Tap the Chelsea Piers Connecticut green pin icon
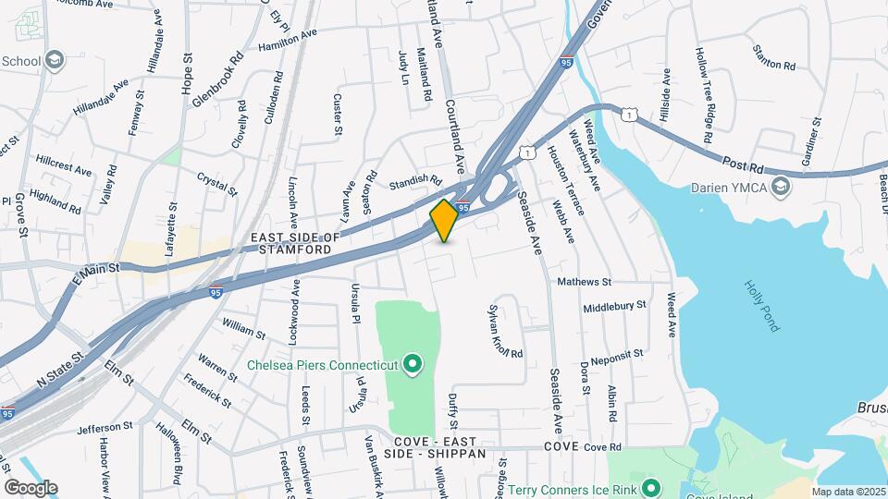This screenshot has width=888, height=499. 413,364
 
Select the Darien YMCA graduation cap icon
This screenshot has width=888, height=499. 782,188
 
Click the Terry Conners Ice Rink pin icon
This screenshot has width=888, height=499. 650,487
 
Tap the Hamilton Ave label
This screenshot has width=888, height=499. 288,39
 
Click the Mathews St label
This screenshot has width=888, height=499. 584,281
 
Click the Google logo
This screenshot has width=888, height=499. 31,487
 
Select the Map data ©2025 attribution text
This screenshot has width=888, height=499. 848,492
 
